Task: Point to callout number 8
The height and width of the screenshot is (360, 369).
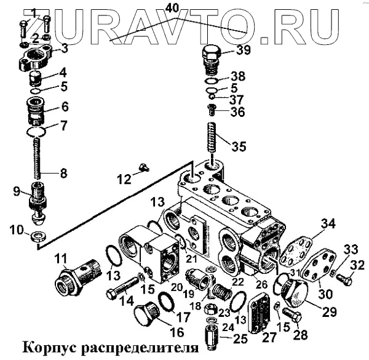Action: (x=63, y=173)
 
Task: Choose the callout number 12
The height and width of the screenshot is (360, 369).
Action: (x=124, y=179)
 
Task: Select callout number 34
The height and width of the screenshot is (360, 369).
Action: (x=330, y=222)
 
